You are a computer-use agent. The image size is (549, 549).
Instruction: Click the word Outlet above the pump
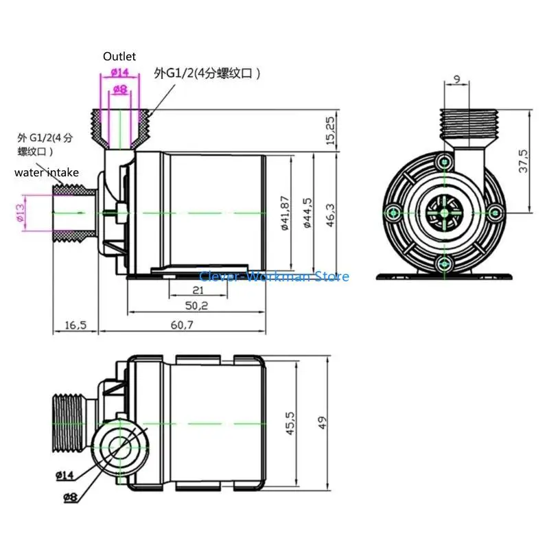119,56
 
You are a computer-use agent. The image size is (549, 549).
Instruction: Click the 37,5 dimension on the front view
524,160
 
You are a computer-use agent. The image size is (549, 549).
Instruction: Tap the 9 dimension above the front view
457,80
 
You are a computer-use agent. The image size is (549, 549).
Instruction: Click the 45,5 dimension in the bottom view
290,423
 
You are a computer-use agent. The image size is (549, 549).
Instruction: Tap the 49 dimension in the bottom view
323,423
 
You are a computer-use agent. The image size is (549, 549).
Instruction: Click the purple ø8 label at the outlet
119,89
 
